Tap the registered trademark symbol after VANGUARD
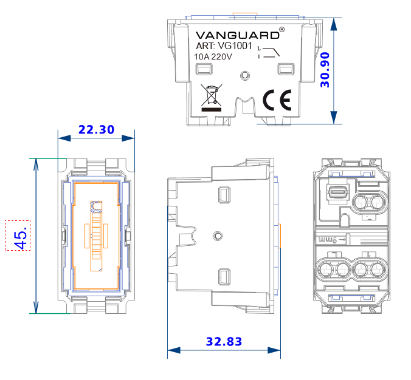[x=281, y=29]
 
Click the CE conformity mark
[x=277, y=100]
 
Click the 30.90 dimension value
[x=325, y=70]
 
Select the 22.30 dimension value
[x=96, y=130]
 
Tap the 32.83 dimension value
[x=224, y=342]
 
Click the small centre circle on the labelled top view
[x=244, y=76]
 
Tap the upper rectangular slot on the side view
[x=224, y=195]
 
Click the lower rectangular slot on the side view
[x=224, y=276]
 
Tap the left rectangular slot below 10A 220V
[x=202, y=69]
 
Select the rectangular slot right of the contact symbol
[x=285, y=69]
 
